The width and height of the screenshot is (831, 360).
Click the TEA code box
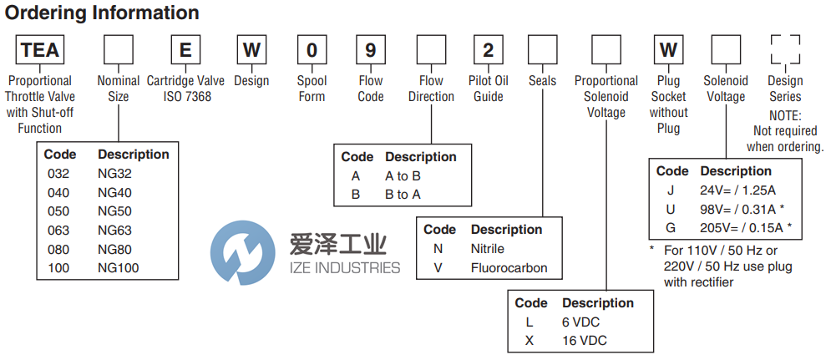point(40,49)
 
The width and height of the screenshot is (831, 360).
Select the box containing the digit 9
point(370,49)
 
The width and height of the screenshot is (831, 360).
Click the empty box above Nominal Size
point(118,49)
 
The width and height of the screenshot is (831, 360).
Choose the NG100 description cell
point(119,268)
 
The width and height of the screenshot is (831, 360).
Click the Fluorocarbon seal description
point(509,268)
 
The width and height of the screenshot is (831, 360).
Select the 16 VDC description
point(585,341)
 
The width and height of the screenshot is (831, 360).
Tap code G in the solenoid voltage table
point(670,228)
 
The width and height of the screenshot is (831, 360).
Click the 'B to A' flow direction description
point(403,195)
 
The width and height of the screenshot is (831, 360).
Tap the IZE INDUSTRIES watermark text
point(344,268)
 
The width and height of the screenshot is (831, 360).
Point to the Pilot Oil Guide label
point(489,89)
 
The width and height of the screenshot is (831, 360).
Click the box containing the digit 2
point(489,49)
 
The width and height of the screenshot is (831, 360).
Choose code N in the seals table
point(437,249)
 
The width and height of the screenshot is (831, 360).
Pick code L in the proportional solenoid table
point(528,322)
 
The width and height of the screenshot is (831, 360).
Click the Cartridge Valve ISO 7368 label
point(186,89)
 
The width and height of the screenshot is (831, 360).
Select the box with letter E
point(185,49)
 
